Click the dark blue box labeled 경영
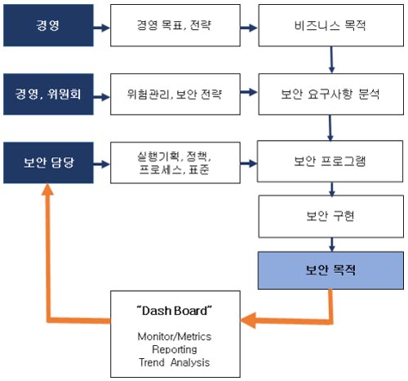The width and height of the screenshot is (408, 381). click(x=48, y=25)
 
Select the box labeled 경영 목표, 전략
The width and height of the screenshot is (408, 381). click(x=175, y=25)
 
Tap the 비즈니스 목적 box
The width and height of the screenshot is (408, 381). click(x=331, y=25)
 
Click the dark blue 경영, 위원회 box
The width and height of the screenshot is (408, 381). click(x=48, y=94)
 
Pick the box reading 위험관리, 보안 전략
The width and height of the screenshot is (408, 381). click(x=175, y=94)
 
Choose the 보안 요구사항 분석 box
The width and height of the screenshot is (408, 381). click(x=331, y=94)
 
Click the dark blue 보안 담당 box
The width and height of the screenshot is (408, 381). click(x=48, y=163)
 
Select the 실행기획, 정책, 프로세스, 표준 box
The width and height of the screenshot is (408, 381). click(x=175, y=163)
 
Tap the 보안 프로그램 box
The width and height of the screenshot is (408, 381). click(x=330, y=161)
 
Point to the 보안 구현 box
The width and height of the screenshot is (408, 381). click(x=331, y=217)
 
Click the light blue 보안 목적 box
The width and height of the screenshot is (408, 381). click(x=330, y=270)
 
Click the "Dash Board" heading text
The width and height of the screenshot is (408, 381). click(x=175, y=311)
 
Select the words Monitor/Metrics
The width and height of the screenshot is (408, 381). click(x=175, y=336)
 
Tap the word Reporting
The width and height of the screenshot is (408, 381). click(x=175, y=349)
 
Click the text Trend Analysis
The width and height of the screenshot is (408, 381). click(x=175, y=362)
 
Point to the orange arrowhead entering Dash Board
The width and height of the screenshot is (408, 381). click(x=247, y=320)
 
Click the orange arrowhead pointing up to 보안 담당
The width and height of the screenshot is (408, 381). click(x=47, y=189)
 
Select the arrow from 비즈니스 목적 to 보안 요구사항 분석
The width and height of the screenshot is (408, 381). click(x=331, y=60)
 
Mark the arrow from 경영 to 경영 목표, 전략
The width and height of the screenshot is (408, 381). click(x=102, y=28)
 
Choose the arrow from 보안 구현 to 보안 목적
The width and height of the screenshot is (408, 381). click(x=331, y=245)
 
